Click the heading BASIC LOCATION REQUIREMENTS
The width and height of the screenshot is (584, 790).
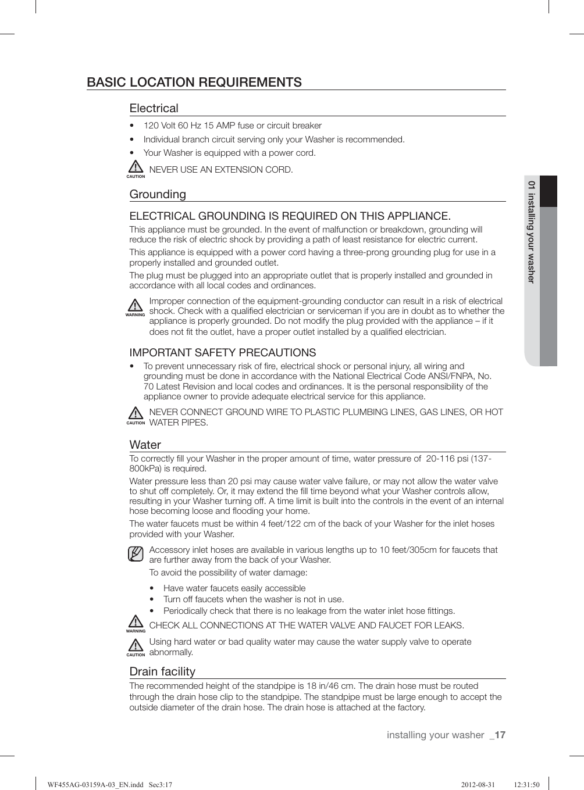pos(194,82)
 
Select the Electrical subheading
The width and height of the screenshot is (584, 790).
pos(154,108)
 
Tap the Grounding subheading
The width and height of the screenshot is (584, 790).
pos(158,194)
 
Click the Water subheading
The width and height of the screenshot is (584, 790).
pos(145,445)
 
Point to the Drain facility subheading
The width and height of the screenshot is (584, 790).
pos(162,671)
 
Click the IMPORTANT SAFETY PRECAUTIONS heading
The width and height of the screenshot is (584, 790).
pos(223,353)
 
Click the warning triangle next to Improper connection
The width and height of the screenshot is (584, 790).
pos(135,306)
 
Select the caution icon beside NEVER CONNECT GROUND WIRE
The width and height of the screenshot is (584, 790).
pos(135,414)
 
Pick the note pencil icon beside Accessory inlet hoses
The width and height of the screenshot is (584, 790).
pos(136,554)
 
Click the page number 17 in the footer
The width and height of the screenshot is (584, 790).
pos(500,735)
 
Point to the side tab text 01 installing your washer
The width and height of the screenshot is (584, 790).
pos(531,231)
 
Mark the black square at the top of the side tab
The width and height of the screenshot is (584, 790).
pos(548,191)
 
